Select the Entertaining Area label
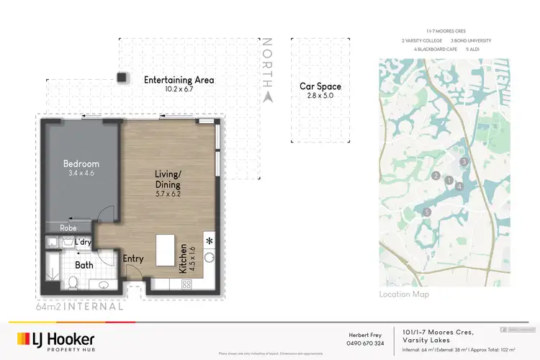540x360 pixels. tap(179, 80)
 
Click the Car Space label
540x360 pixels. tap(320, 86)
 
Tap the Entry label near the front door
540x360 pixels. tap(133, 258)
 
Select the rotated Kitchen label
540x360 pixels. tap(184, 258)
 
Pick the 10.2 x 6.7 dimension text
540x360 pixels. tap(179, 90)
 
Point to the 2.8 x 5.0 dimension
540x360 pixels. tap(320, 96)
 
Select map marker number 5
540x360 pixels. tap(428, 212)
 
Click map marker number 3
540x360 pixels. tap(464, 161)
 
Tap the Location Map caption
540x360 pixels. tap(404, 294)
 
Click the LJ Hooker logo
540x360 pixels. tap(55, 339)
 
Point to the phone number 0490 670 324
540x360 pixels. tap(365, 343)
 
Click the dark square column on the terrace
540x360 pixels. tap(123, 77)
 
